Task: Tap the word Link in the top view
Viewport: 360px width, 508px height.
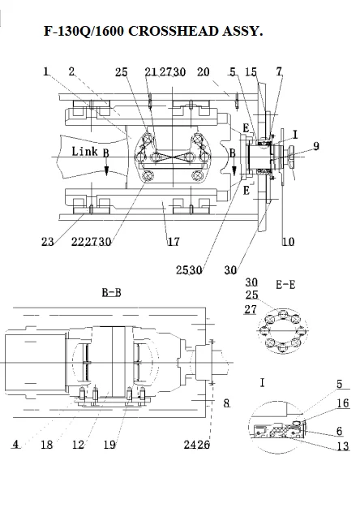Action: point(84,151)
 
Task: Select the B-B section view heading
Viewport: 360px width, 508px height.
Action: point(112,293)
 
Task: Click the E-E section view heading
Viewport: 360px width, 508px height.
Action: point(285,285)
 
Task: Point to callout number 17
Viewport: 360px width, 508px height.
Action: point(174,241)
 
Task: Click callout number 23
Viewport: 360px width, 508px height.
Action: point(48,241)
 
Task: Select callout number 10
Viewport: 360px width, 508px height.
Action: point(288,242)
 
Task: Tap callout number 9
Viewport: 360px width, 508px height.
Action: point(316,146)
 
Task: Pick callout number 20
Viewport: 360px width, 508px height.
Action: point(204,71)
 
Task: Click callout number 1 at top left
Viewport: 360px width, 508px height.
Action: point(46,71)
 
